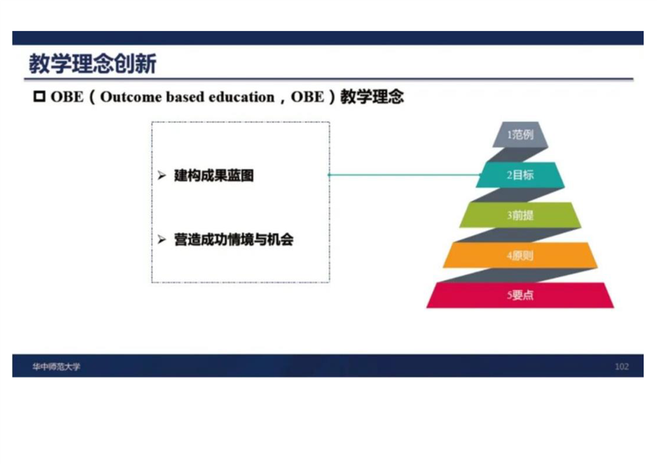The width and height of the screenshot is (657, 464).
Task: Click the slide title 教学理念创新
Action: coord(93,64)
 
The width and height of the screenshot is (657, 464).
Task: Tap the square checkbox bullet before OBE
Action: coord(39,97)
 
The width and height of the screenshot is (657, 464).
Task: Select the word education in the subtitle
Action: coord(241,97)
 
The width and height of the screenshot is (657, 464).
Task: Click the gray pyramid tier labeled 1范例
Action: coord(520,135)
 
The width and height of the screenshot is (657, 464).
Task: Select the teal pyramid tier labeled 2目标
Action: coord(520,174)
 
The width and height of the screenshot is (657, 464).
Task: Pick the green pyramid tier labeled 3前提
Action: coord(520,215)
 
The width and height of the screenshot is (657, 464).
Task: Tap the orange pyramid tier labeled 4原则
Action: coord(520,255)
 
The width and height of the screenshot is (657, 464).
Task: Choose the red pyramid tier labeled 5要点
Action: coord(520,295)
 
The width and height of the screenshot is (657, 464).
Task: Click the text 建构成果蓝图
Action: coord(214,176)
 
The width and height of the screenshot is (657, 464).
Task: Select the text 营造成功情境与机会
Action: coord(234,239)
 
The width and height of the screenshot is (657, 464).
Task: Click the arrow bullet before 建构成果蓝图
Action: coord(162,176)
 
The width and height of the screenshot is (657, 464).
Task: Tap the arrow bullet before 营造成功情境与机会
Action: coord(162,239)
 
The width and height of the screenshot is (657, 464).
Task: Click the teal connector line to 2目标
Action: coord(405,174)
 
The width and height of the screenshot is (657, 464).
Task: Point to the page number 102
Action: coord(622,367)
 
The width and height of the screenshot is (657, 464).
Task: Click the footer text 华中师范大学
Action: coord(56,367)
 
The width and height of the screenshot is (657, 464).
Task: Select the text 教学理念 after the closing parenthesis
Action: coord(372,97)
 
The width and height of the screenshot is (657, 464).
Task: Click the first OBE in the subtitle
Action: coord(67,97)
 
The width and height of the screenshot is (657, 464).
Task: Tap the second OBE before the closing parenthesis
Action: coord(307,97)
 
